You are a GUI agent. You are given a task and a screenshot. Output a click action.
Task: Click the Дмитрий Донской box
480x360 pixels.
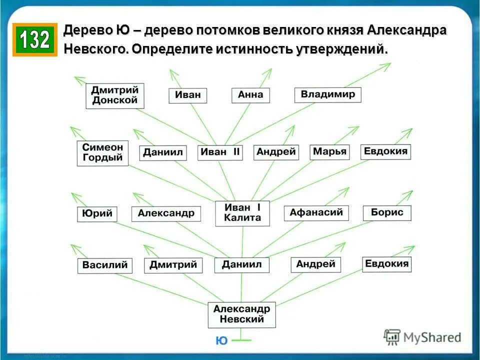(x=114, y=96)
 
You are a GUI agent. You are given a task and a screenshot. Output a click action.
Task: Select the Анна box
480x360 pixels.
(x=250, y=95)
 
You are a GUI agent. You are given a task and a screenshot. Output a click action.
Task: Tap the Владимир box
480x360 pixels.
(x=327, y=94)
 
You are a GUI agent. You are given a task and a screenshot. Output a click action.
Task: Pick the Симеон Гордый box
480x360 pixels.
(x=102, y=153)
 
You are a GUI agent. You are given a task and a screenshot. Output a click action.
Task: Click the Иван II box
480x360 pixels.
(x=220, y=152)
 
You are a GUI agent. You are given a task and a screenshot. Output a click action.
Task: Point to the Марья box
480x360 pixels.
(x=329, y=152)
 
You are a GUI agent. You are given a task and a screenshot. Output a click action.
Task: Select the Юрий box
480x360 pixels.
(x=97, y=214)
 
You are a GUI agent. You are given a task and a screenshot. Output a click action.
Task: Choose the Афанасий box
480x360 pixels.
(x=316, y=212)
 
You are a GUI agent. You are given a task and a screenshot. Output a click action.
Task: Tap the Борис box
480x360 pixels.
(x=386, y=212)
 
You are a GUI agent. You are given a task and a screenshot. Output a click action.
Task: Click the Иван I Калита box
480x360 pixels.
(x=242, y=212)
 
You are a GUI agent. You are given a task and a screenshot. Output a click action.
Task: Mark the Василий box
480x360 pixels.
(x=105, y=265)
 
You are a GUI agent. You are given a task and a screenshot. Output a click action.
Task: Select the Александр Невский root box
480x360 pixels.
(x=241, y=314)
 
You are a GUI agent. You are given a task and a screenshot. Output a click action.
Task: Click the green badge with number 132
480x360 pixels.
(x=35, y=39)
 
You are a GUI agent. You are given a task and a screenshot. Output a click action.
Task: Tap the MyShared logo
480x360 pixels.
(x=422, y=337)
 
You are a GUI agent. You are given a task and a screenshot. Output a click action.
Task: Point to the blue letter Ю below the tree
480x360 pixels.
(x=221, y=341)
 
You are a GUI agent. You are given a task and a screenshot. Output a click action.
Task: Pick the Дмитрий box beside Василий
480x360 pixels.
(x=173, y=265)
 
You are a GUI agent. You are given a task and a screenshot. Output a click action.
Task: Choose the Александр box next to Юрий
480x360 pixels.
(x=166, y=213)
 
